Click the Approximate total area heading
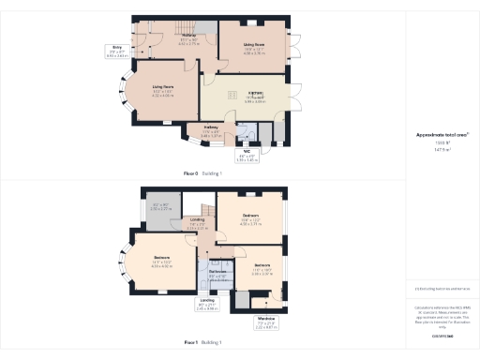[x=442, y=135]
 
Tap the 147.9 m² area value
[x=442, y=149]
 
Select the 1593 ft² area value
[x=442, y=142]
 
